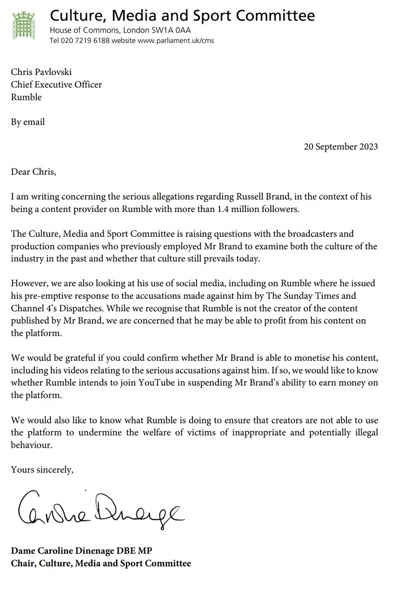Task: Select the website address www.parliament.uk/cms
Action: (x=176, y=41)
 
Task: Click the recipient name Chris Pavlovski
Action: (x=42, y=73)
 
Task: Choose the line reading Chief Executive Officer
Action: (x=56, y=85)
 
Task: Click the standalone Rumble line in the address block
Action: (x=27, y=96)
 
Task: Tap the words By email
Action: (x=28, y=122)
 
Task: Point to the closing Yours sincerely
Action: (x=42, y=469)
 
